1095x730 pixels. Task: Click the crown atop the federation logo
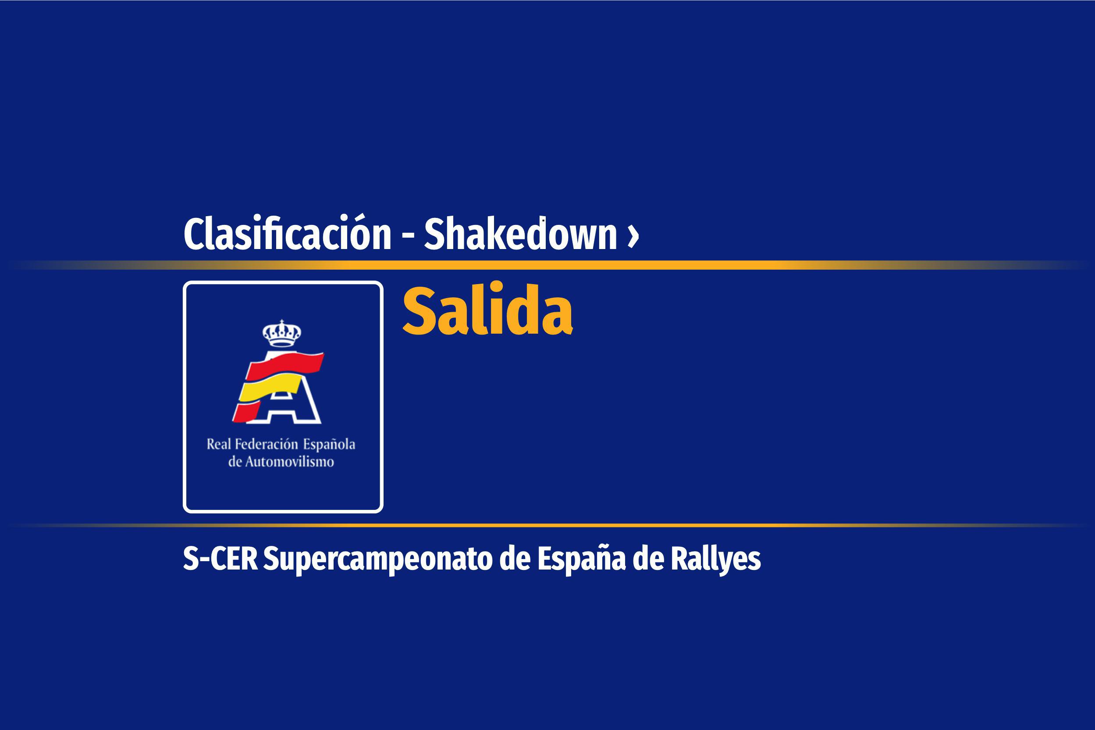pyautogui.click(x=281, y=333)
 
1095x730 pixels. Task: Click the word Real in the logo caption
pyautogui.click(x=218, y=444)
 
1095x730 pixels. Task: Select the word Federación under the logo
pyautogui.click(x=266, y=444)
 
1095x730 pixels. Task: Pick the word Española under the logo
pyautogui.click(x=329, y=445)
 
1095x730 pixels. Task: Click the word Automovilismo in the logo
pyautogui.click(x=289, y=462)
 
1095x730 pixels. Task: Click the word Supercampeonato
pyautogui.click(x=378, y=560)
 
